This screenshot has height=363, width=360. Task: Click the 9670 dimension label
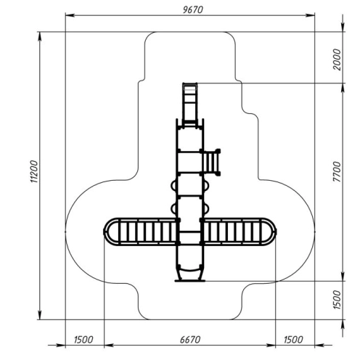point(193,9)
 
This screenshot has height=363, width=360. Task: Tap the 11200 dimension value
point(34,171)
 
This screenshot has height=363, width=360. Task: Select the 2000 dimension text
point(337,60)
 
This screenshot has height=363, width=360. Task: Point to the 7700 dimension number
point(337,172)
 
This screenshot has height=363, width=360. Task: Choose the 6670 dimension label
point(190,340)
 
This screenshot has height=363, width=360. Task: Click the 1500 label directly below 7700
point(337,300)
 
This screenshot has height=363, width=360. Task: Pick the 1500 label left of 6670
point(83,340)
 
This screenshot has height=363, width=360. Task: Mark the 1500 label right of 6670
point(293,340)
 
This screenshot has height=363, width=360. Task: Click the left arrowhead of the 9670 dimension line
point(70,15)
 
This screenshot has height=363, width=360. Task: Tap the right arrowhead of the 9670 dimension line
point(310,15)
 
